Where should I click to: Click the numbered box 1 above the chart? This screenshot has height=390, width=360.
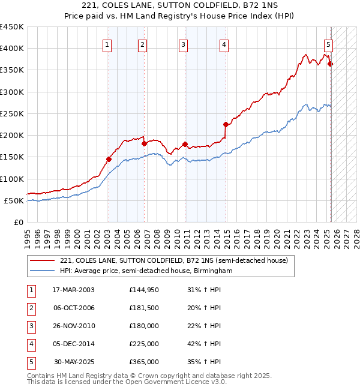(107, 44)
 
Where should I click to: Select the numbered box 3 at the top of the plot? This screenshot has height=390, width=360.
(183, 44)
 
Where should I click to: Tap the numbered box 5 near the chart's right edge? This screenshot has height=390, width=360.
(329, 44)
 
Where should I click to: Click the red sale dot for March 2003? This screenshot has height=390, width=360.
(109, 159)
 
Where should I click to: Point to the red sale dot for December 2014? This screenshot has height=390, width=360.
(226, 125)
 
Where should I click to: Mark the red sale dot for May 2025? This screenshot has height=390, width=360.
(331, 64)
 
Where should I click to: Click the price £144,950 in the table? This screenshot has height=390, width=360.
(144, 290)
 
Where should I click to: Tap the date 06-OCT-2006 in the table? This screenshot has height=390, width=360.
(74, 308)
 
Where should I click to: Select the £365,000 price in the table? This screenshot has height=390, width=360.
(144, 362)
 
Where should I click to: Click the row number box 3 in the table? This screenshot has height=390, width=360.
(31, 326)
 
